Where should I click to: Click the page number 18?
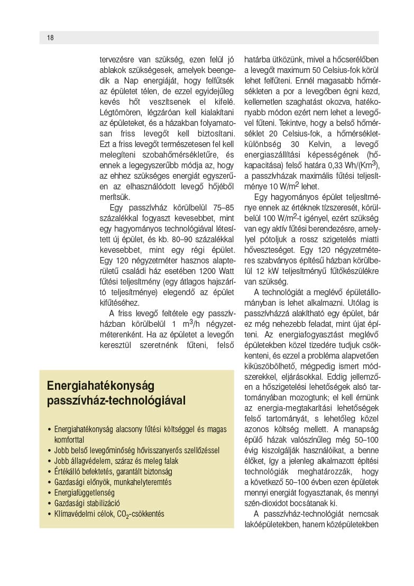50,38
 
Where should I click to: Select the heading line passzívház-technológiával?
116,400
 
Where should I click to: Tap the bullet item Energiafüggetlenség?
85,492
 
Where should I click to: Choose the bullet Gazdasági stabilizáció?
87,503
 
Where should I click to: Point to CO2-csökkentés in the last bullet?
143,514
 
